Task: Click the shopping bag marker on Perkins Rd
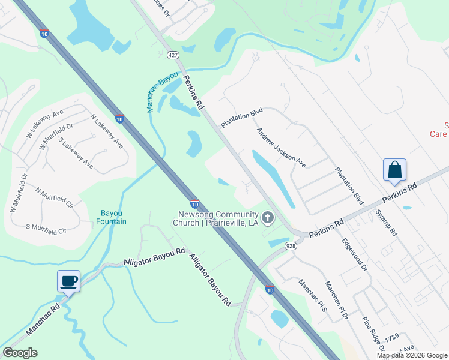[395, 170]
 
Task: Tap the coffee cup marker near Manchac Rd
[68, 281]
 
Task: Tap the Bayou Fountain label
[111, 217]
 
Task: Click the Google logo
[20, 353]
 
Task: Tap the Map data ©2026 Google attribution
[412, 355]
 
